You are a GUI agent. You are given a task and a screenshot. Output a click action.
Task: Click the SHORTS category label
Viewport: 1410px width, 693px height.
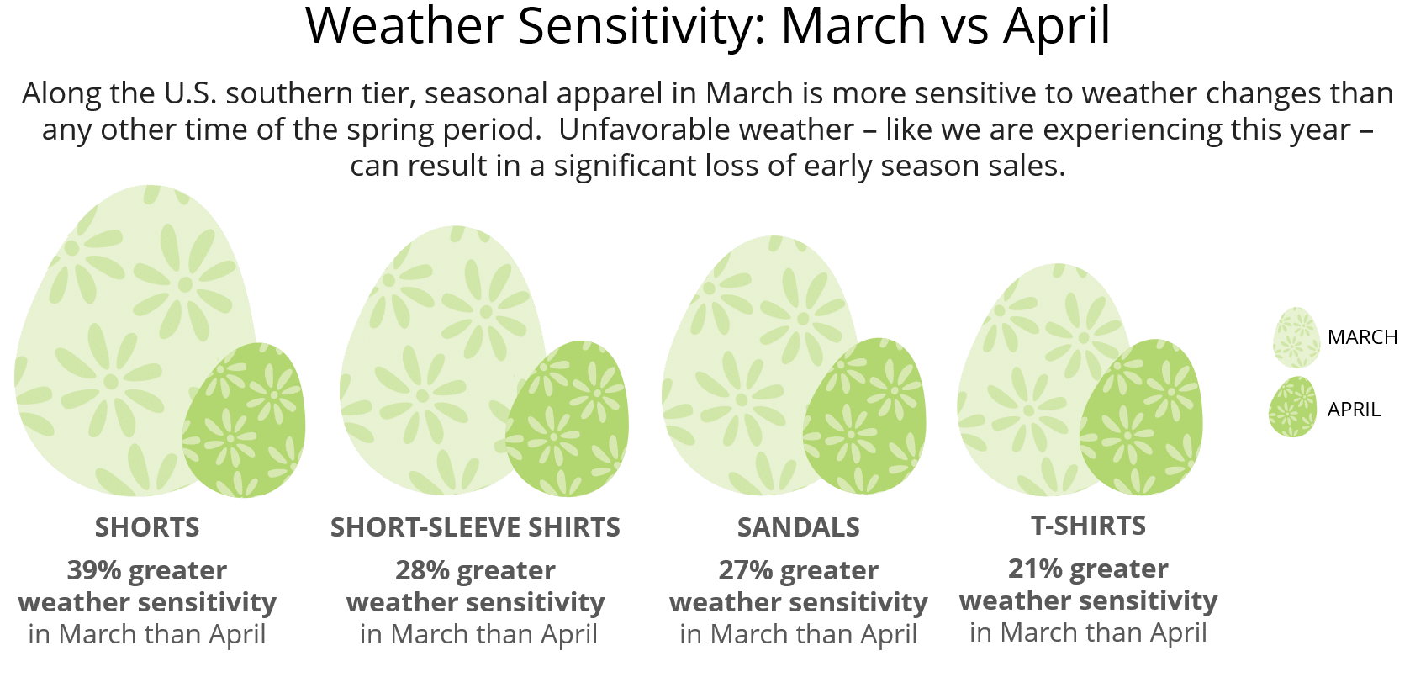click(x=147, y=527)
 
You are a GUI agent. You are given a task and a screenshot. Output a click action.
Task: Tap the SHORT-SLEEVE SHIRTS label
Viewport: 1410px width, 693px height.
click(x=475, y=527)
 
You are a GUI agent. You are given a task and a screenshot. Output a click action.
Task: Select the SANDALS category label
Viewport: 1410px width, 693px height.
click(x=798, y=527)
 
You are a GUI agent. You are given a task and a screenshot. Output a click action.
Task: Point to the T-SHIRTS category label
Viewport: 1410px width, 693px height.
click(x=1088, y=526)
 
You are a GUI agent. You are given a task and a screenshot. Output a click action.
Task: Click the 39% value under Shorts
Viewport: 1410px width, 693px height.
click(x=94, y=570)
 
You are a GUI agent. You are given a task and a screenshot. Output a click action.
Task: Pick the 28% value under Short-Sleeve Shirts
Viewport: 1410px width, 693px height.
click(x=422, y=570)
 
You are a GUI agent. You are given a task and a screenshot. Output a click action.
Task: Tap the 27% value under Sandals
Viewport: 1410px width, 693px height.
click(x=745, y=570)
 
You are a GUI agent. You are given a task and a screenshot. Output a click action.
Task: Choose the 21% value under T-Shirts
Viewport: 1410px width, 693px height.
click(x=1035, y=569)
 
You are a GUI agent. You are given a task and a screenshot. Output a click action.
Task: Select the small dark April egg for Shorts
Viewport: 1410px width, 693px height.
click(x=244, y=420)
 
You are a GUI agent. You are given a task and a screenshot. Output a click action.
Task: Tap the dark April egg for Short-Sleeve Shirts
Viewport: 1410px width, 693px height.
click(x=568, y=419)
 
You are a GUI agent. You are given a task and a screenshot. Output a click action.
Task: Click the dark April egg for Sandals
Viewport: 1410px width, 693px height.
click(x=864, y=416)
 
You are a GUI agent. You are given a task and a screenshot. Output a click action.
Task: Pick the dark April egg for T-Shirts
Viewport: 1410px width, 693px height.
click(x=1141, y=416)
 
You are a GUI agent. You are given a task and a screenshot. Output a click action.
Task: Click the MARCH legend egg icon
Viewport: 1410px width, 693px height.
click(x=1296, y=337)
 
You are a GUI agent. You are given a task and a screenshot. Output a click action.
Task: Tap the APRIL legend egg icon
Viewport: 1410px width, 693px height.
click(x=1293, y=406)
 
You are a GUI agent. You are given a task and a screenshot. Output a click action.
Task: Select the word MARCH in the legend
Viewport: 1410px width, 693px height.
click(x=1362, y=337)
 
